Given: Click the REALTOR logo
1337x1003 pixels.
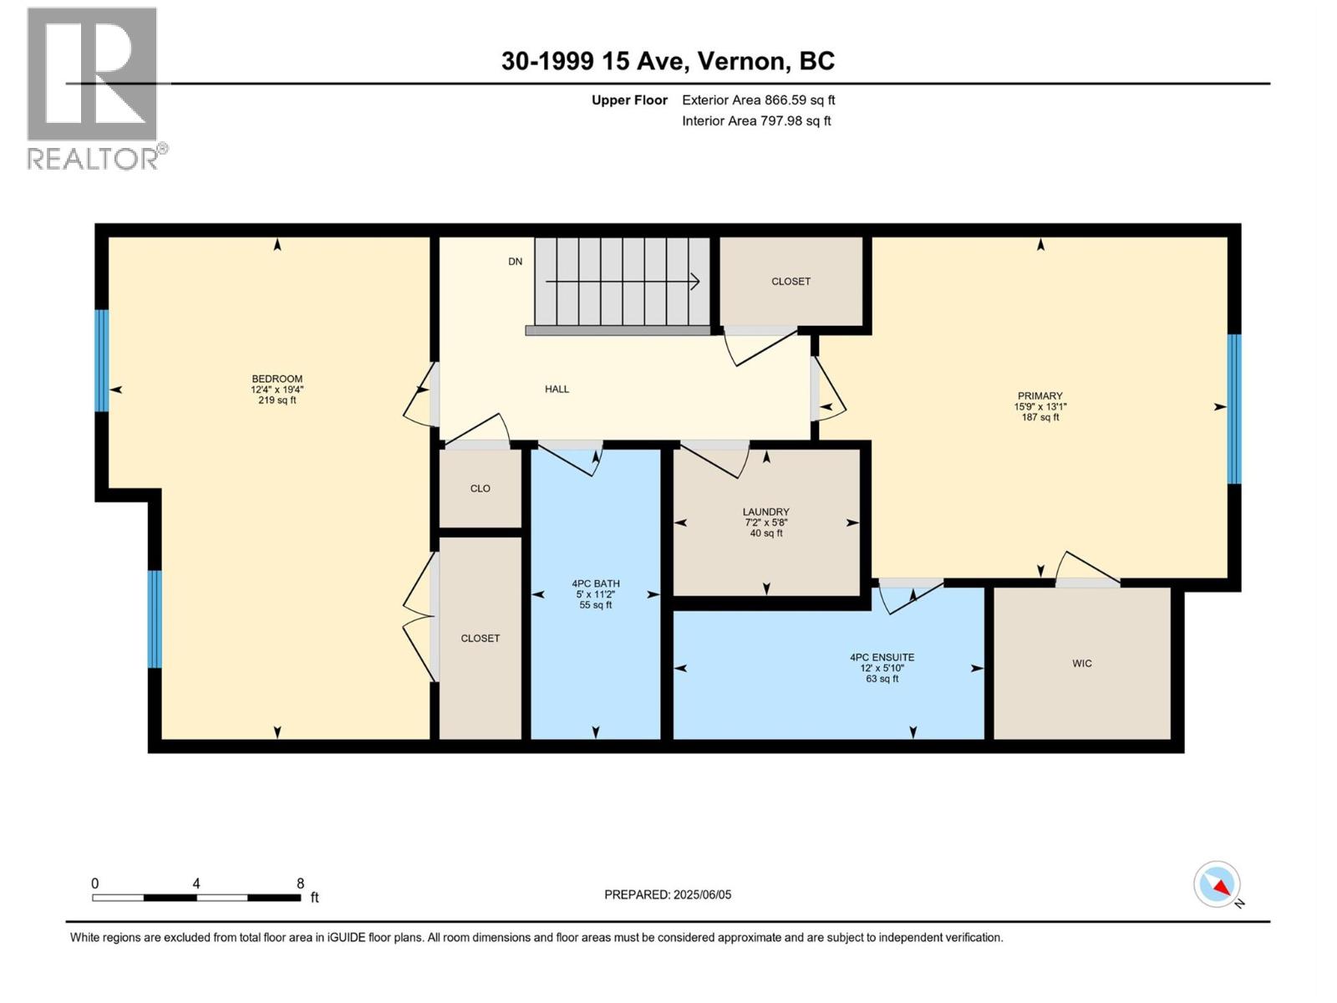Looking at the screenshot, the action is (x=96, y=89).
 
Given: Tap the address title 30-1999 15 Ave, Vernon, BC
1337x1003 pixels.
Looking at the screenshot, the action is (x=668, y=61).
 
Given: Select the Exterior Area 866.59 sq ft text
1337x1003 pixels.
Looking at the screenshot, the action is (x=759, y=99).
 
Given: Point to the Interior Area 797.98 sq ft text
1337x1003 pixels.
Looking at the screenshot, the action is (x=756, y=120).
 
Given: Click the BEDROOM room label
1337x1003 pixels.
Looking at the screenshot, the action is (x=277, y=379).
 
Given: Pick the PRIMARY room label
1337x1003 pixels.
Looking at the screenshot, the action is (x=1040, y=396).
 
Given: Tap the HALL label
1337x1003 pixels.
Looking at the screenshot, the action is (x=557, y=389).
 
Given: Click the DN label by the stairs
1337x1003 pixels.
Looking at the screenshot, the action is (x=516, y=262).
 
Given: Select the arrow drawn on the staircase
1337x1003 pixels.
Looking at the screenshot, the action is (x=622, y=282).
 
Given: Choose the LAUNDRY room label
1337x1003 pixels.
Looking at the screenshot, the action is (x=765, y=512).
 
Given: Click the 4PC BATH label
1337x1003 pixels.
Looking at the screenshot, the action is (x=595, y=583).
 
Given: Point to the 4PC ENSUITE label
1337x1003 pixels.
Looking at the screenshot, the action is (x=882, y=657).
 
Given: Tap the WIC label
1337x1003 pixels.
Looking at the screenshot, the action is (x=1082, y=663).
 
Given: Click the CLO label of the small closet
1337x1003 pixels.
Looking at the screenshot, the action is (x=480, y=488).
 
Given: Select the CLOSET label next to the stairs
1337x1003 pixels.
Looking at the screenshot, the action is (x=791, y=282).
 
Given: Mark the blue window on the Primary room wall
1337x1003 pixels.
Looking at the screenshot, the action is (x=1233, y=409).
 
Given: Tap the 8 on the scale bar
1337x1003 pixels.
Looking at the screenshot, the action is (x=300, y=883).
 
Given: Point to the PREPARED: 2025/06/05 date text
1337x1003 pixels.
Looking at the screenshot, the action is (x=668, y=894).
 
